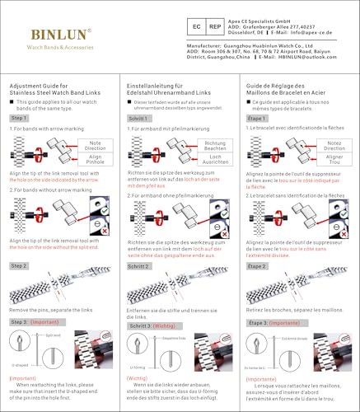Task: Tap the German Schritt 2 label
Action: click(x=139, y=267)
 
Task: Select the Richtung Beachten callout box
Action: click(x=216, y=144)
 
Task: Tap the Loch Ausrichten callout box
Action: click(x=216, y=157)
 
